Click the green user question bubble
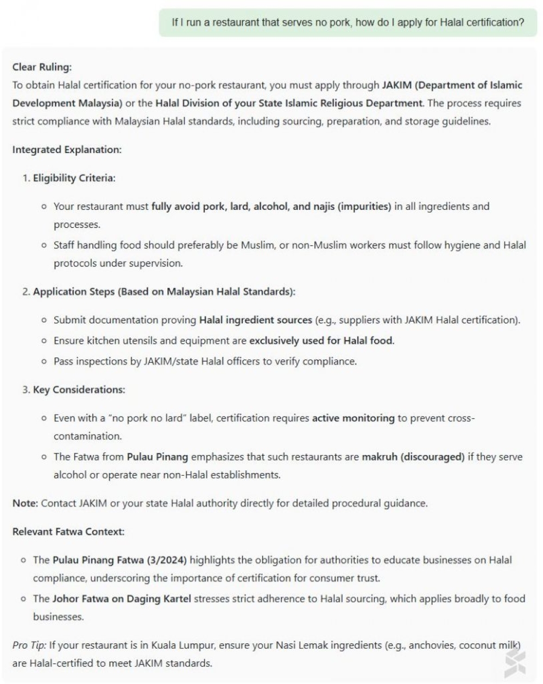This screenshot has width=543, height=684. click(348, 23)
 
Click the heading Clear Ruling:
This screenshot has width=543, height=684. click(42, 67)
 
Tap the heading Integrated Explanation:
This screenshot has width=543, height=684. click(67, 150)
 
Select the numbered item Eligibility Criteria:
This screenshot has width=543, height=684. click(74, 178)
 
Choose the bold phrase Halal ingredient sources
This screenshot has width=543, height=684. click(255, 320)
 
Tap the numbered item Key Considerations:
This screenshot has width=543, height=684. click(79, 390)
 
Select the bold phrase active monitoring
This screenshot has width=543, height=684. click(353, 418)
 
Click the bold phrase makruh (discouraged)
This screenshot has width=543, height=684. click(413, 457)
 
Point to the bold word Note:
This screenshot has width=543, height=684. click(25, 503)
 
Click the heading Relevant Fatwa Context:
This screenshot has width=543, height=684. click(68, 532)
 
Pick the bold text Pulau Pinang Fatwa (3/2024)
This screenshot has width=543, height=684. click(119, 560)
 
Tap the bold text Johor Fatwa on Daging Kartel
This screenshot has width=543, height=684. click(122, 599)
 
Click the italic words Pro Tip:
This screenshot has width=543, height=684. click(29, 645)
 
